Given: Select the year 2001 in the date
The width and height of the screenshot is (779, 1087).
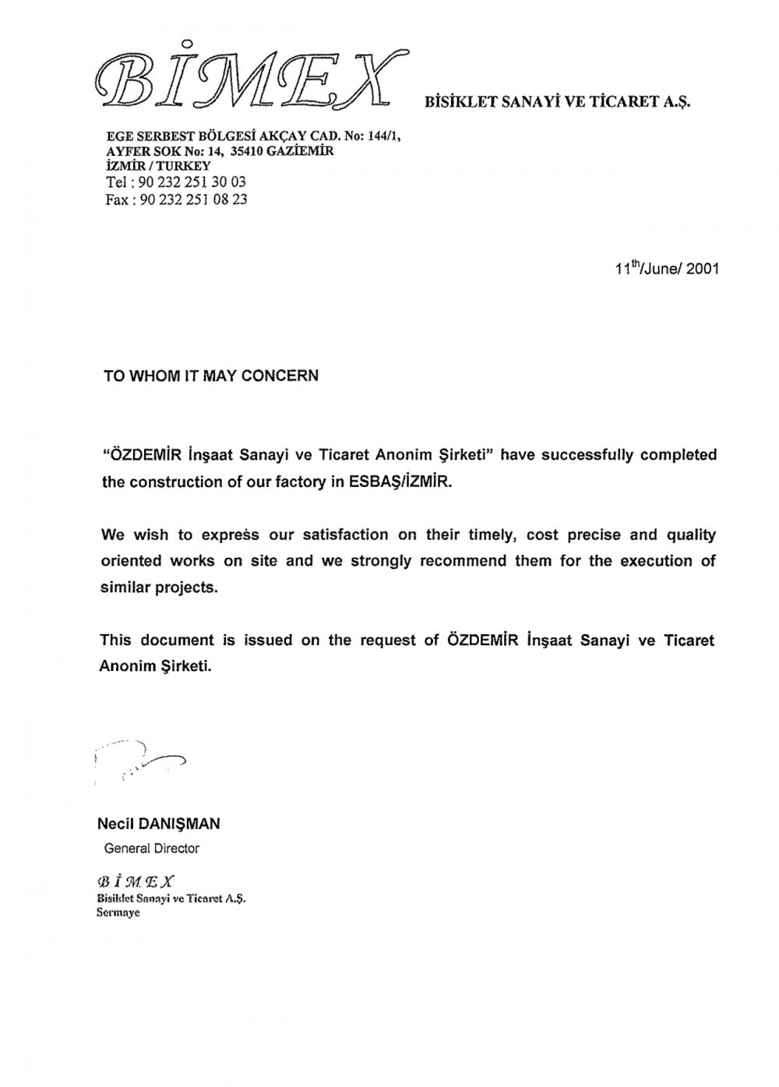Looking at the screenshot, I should point(703,270).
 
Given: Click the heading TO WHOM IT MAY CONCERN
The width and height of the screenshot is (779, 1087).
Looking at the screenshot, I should point(211,376).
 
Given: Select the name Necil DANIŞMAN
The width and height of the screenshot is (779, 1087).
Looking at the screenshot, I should point(159,824).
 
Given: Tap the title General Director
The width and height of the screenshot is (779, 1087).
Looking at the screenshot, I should point(151,848).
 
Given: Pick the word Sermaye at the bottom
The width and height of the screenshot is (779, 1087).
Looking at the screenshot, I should point(118,912).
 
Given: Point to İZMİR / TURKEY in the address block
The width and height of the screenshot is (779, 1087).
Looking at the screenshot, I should point(157,166).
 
